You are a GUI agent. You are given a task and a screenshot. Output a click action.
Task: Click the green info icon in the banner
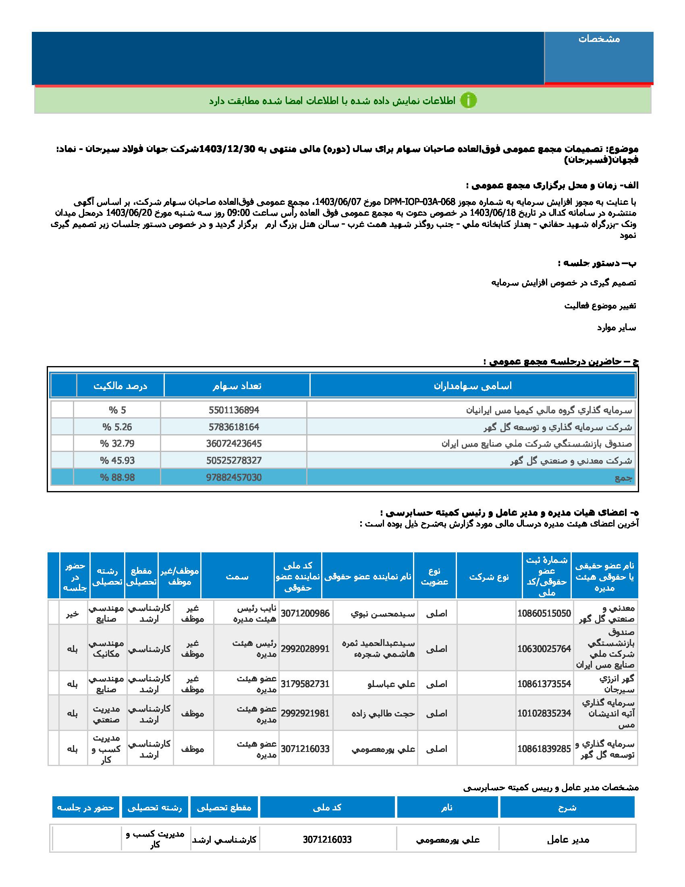[x=469, y=100]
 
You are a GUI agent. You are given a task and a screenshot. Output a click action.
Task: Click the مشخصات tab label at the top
[x=599, y=39]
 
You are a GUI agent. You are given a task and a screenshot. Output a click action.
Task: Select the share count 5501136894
[x=234, y=410]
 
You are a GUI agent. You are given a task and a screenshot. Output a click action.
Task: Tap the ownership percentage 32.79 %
[x=118, y=443]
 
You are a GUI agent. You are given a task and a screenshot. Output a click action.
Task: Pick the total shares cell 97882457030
[x=234, y=478]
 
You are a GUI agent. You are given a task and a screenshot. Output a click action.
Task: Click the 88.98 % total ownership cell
[x=118, y=478]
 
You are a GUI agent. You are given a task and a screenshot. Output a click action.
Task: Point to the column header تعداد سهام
[x=237, y=386]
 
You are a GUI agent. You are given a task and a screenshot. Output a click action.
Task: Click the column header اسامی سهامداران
[x=473, y=386]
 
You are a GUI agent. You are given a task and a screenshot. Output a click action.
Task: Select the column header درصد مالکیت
[x=120, y=386]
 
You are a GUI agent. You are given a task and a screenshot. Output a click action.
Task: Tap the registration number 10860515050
[x=544, y=613]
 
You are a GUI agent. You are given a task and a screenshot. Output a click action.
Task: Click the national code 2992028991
[x=305, y=649]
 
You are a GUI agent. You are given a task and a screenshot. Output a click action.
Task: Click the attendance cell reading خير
[x=73, y=613]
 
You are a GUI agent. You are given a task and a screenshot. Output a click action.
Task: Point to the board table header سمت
[x=237, y=576]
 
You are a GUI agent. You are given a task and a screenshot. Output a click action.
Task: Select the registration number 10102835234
[x=544, y=713]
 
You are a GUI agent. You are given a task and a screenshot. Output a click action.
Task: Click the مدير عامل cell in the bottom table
[x=567, y=840]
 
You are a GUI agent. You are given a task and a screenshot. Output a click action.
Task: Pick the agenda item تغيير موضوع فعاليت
[x=600, y=306]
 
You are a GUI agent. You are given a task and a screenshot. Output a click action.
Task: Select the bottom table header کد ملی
[x=327, y=808]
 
